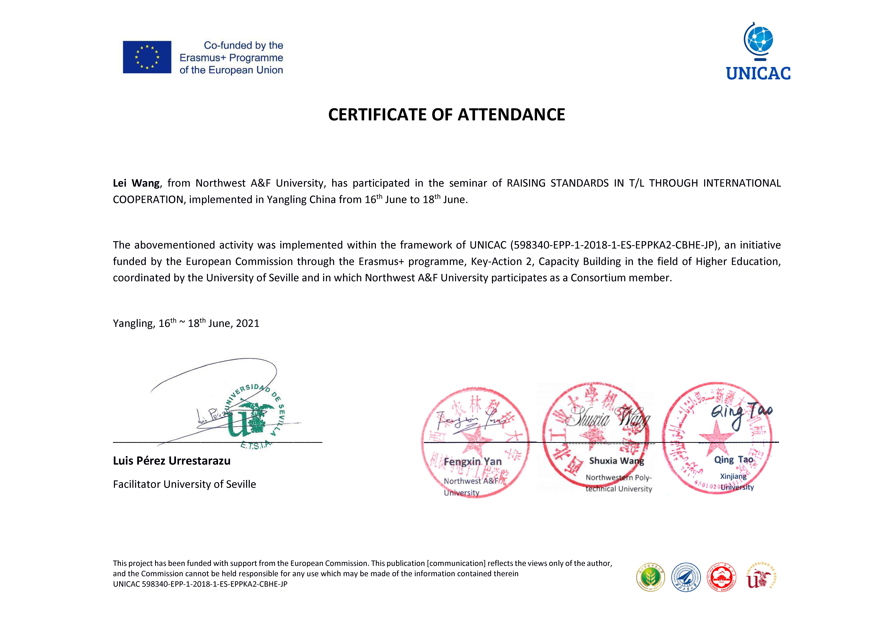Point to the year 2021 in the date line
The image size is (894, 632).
click(248, 324)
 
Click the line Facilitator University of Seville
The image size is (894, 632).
click(185, 484)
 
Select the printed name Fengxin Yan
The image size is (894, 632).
click(473, 461)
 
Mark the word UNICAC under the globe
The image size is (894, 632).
click(758, 73)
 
